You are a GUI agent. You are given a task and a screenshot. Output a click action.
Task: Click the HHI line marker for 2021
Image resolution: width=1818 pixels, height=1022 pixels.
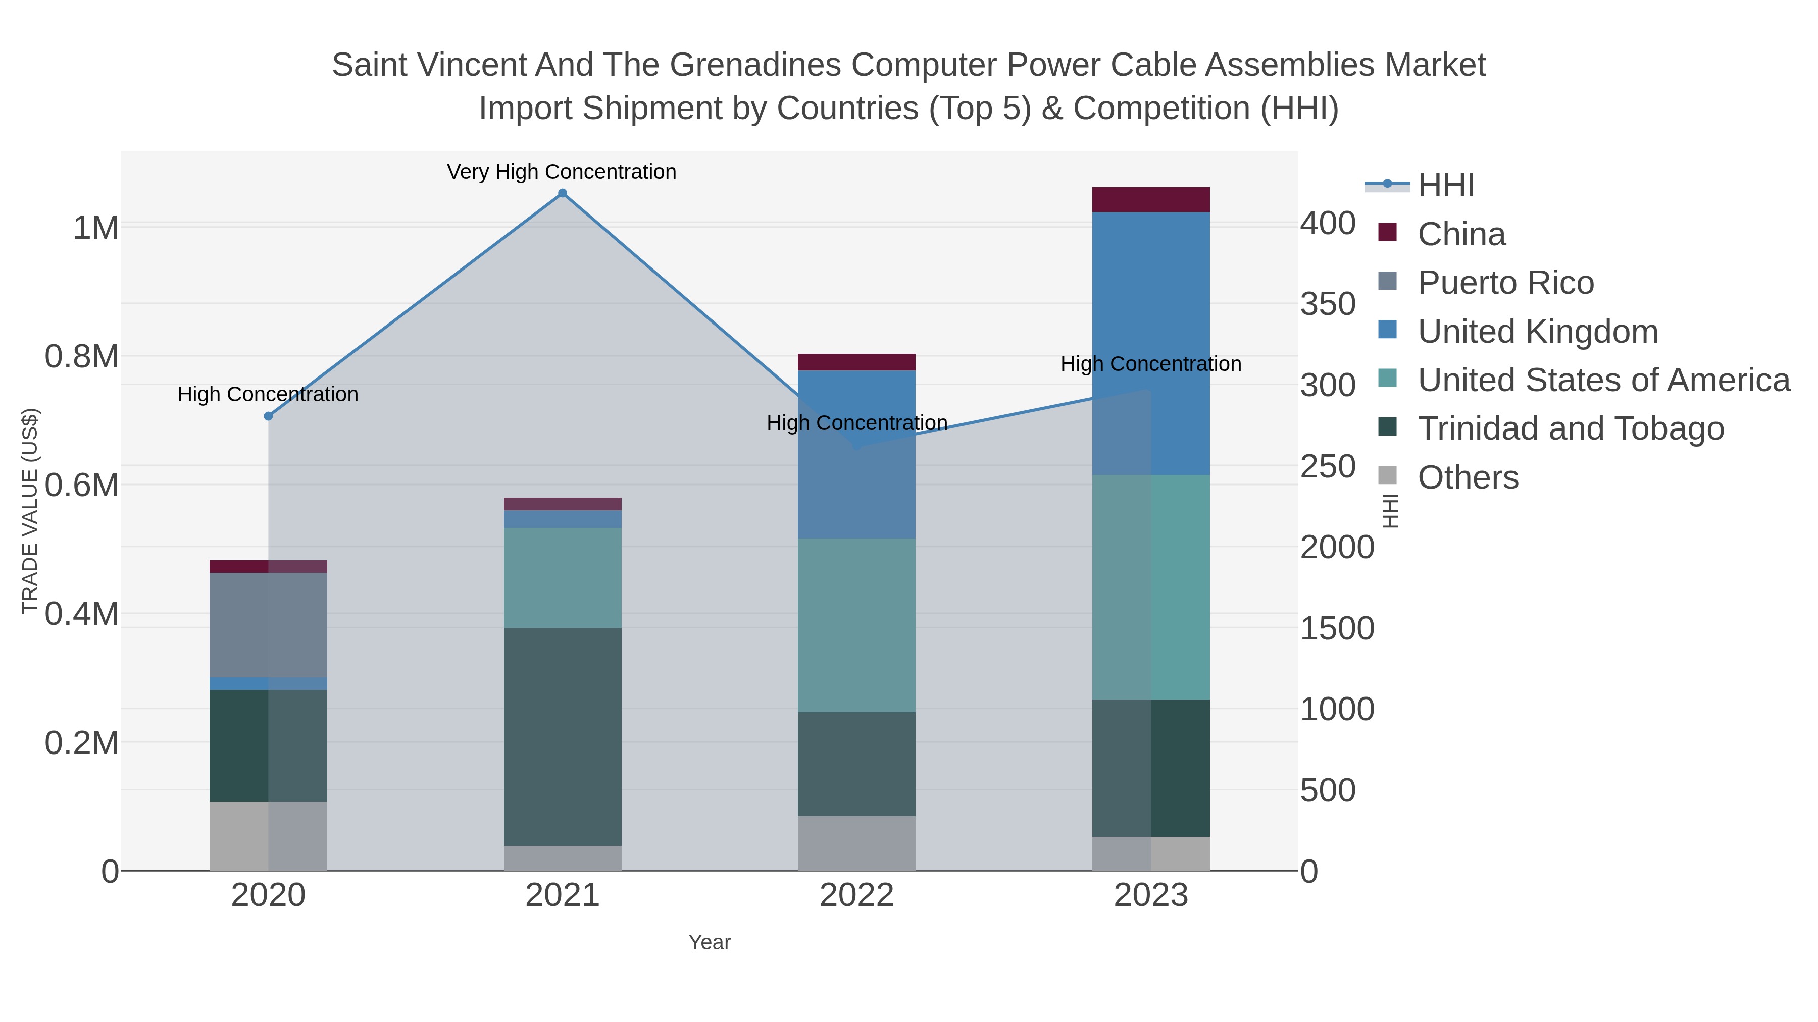click(x=563, y=193)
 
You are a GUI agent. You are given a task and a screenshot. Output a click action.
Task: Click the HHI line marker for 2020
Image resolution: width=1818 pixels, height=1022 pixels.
click(x=268, y=416)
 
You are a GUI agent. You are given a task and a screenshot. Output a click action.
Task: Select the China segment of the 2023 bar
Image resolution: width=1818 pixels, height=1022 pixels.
click(x=1150, y=199)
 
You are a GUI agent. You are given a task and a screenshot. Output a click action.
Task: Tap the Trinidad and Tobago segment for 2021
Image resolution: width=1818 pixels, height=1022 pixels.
click(x=563, y=736)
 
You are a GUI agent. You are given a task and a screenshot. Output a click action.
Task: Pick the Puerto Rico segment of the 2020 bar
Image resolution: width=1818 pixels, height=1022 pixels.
click(x=268, y=625)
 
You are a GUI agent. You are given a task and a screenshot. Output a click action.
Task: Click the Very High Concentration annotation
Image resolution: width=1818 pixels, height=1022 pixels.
click(x=562, y=172)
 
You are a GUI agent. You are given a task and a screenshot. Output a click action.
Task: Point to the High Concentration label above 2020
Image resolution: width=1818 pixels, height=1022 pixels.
click(x=268, y=394)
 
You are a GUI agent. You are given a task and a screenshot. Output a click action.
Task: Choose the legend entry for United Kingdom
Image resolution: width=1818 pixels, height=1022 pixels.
click(x=1537, y=332)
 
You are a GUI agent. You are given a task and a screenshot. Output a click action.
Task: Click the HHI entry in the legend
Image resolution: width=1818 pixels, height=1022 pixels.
click(x=1445, y=186)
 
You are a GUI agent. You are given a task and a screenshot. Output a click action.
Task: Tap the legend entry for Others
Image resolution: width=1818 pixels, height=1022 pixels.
click(x=1468, y=477)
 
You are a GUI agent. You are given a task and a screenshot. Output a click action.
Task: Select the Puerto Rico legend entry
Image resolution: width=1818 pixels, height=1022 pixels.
click(x=1505, y=283)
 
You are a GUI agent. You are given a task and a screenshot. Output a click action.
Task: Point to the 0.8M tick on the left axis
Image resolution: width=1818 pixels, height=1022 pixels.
click(x=82, y=357)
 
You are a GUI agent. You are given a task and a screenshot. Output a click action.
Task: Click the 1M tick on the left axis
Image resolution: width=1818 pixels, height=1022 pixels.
click(x=96, y=228)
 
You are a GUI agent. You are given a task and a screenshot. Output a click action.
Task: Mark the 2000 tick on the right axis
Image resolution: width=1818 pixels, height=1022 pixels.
click(x=1337, y=547)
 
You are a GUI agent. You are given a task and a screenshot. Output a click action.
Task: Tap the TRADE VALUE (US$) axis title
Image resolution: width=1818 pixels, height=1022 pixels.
click(x=30, y=511)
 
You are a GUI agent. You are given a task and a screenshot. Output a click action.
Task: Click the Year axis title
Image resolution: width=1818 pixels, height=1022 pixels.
click(x=710, y=942)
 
